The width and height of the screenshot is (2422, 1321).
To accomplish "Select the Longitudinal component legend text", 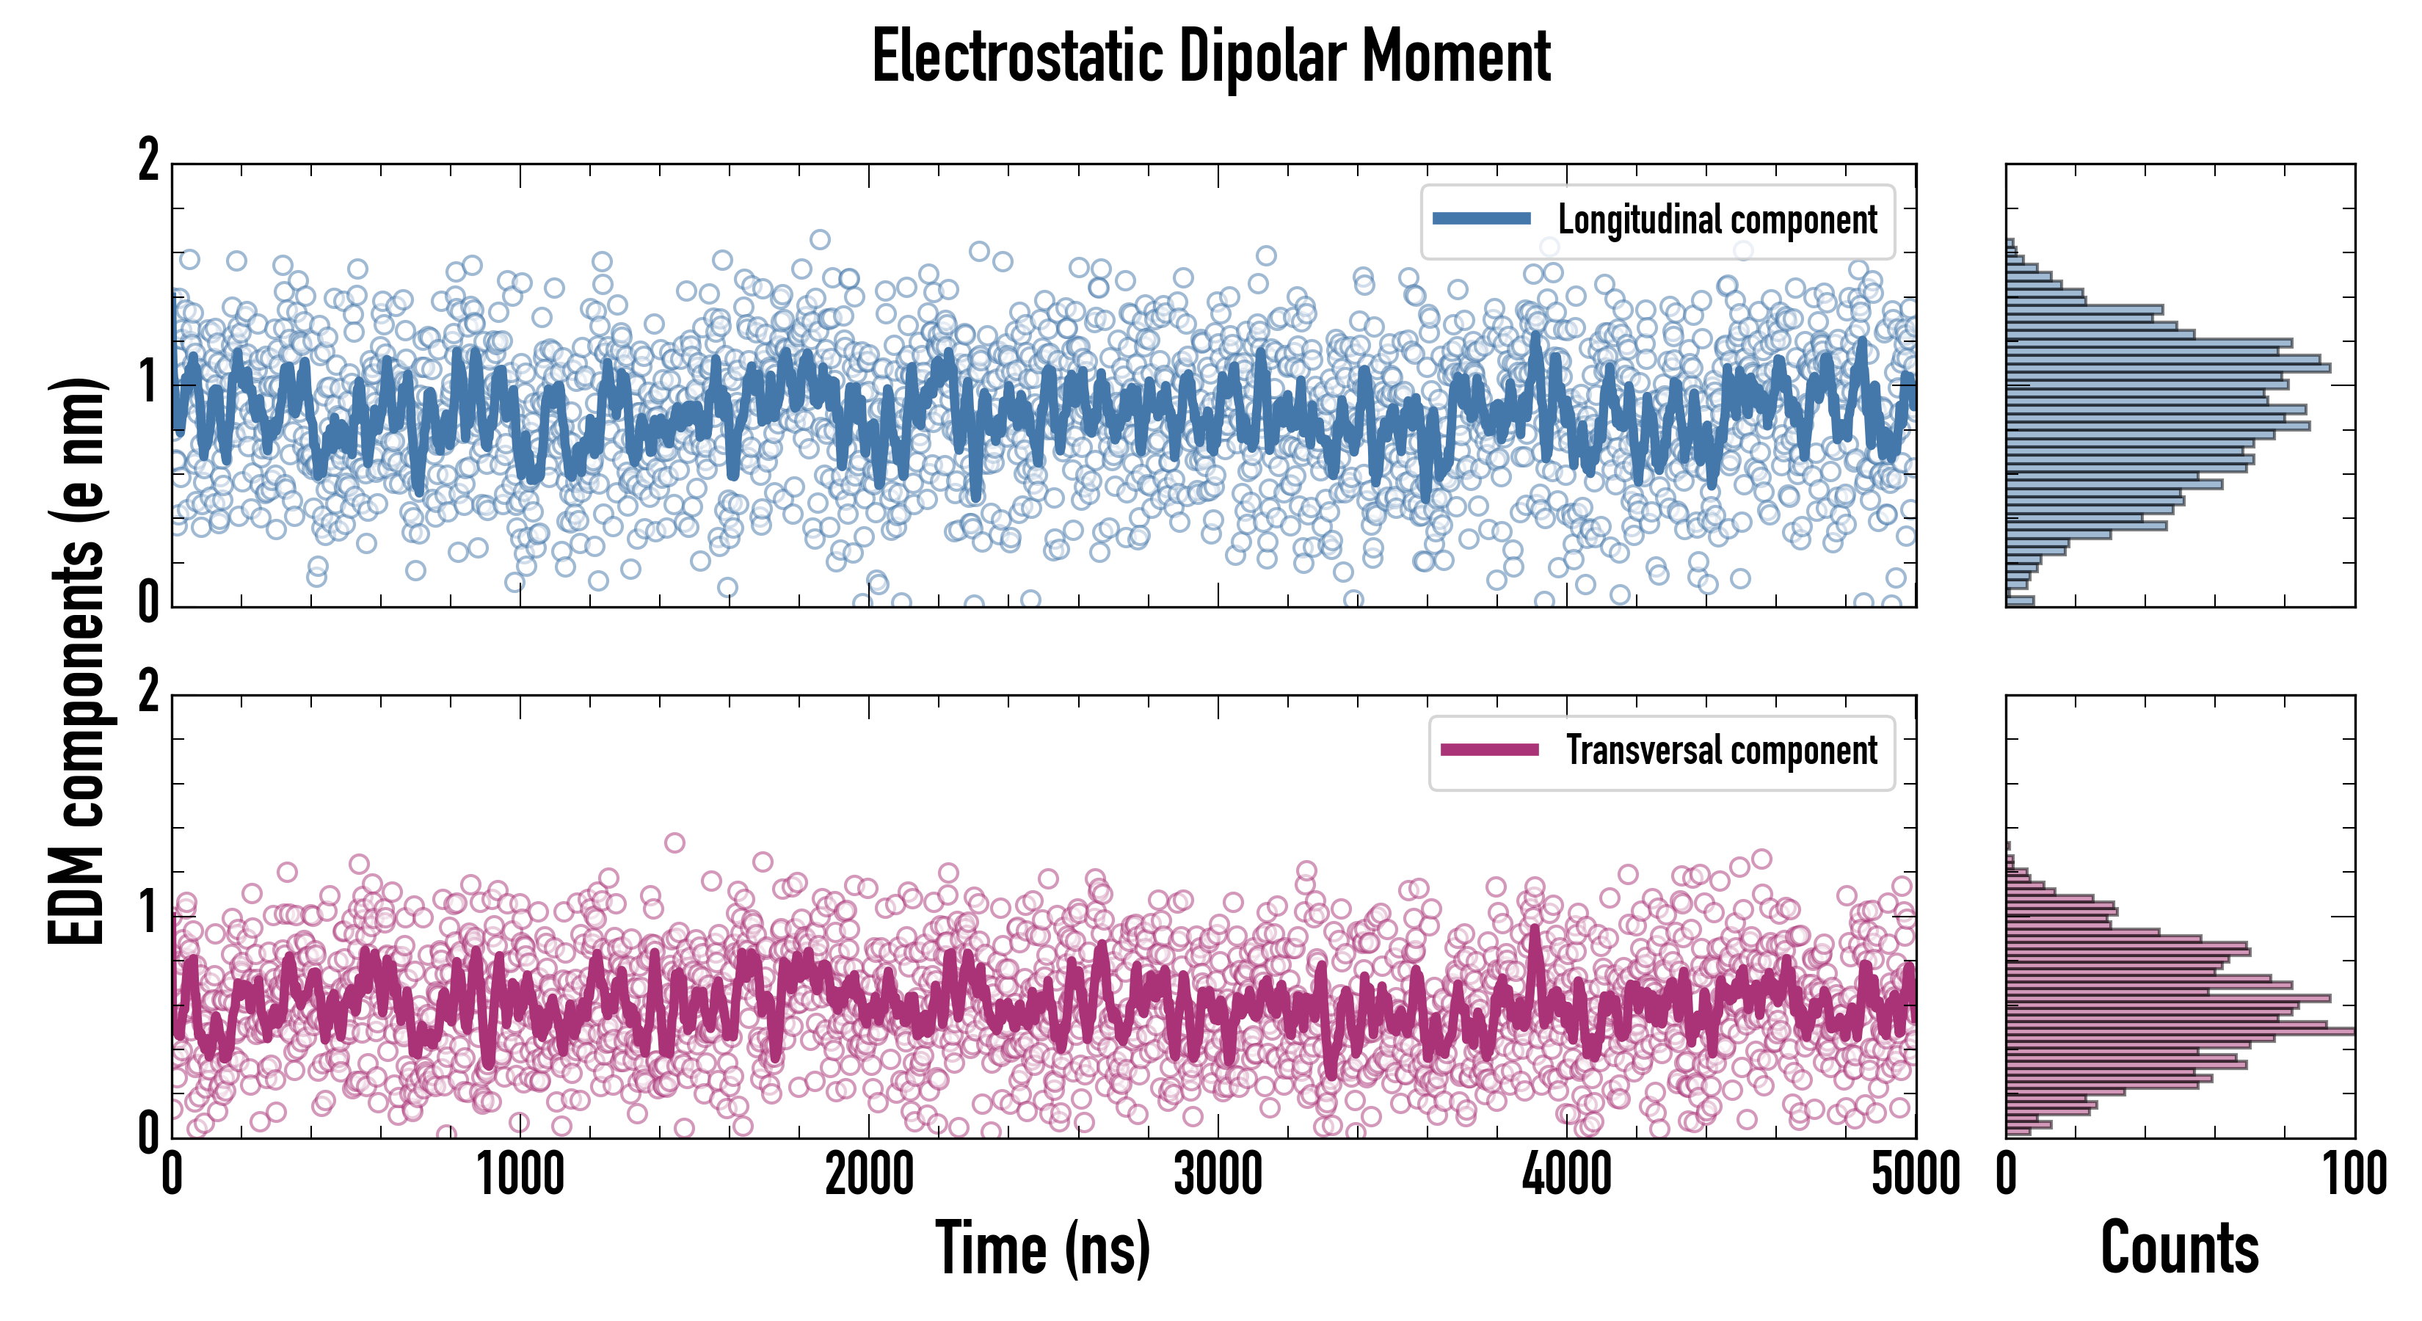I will (x=1717, y=220).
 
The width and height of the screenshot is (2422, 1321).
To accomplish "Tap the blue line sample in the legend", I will (x=1481, y=219).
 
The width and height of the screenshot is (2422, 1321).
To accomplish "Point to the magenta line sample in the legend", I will (x=1489, y=750).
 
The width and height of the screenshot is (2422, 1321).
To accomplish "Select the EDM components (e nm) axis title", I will (x=77, y=662).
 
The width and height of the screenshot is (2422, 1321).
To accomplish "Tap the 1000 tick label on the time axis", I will (x=520, y=1174).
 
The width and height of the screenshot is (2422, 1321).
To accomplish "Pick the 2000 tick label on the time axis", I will (x=869, y=1174).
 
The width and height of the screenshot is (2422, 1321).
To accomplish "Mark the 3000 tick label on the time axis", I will (x=1218, y=1174).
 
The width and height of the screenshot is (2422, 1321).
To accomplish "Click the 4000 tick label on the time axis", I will (x=1566, y=1174).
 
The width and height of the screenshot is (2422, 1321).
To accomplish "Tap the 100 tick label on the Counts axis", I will (x=2354, y=1174).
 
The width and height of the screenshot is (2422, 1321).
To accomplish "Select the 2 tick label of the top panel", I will (x=148, y=161).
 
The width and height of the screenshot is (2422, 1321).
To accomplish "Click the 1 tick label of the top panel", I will (x=148, y=382).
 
